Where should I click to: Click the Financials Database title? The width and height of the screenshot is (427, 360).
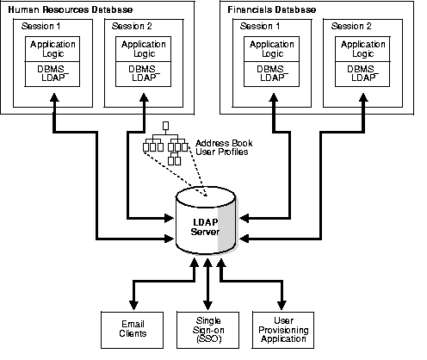[274, 8]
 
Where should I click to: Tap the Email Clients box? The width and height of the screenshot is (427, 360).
[132, 328]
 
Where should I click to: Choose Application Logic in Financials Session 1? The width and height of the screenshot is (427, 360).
[269, 48]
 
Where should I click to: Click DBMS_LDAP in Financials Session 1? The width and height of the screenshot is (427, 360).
[269, 74]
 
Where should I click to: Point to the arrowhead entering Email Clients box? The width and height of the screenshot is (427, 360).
[132, 304]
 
